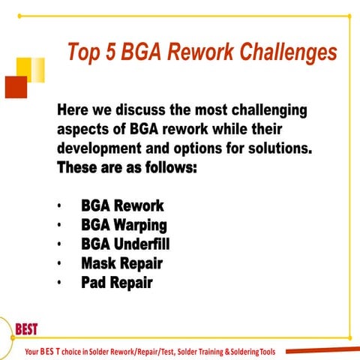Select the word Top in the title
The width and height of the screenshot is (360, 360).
[x=82, y=52]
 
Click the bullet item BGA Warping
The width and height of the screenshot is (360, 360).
[x=124, y=224]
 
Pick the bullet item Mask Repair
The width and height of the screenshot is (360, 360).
[x=121, y=263]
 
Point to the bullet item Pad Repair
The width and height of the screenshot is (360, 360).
[x=117, y=283]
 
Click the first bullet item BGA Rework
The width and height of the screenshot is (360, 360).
[x=122, y=205]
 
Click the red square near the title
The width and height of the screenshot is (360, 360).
[x=16, y=87]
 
